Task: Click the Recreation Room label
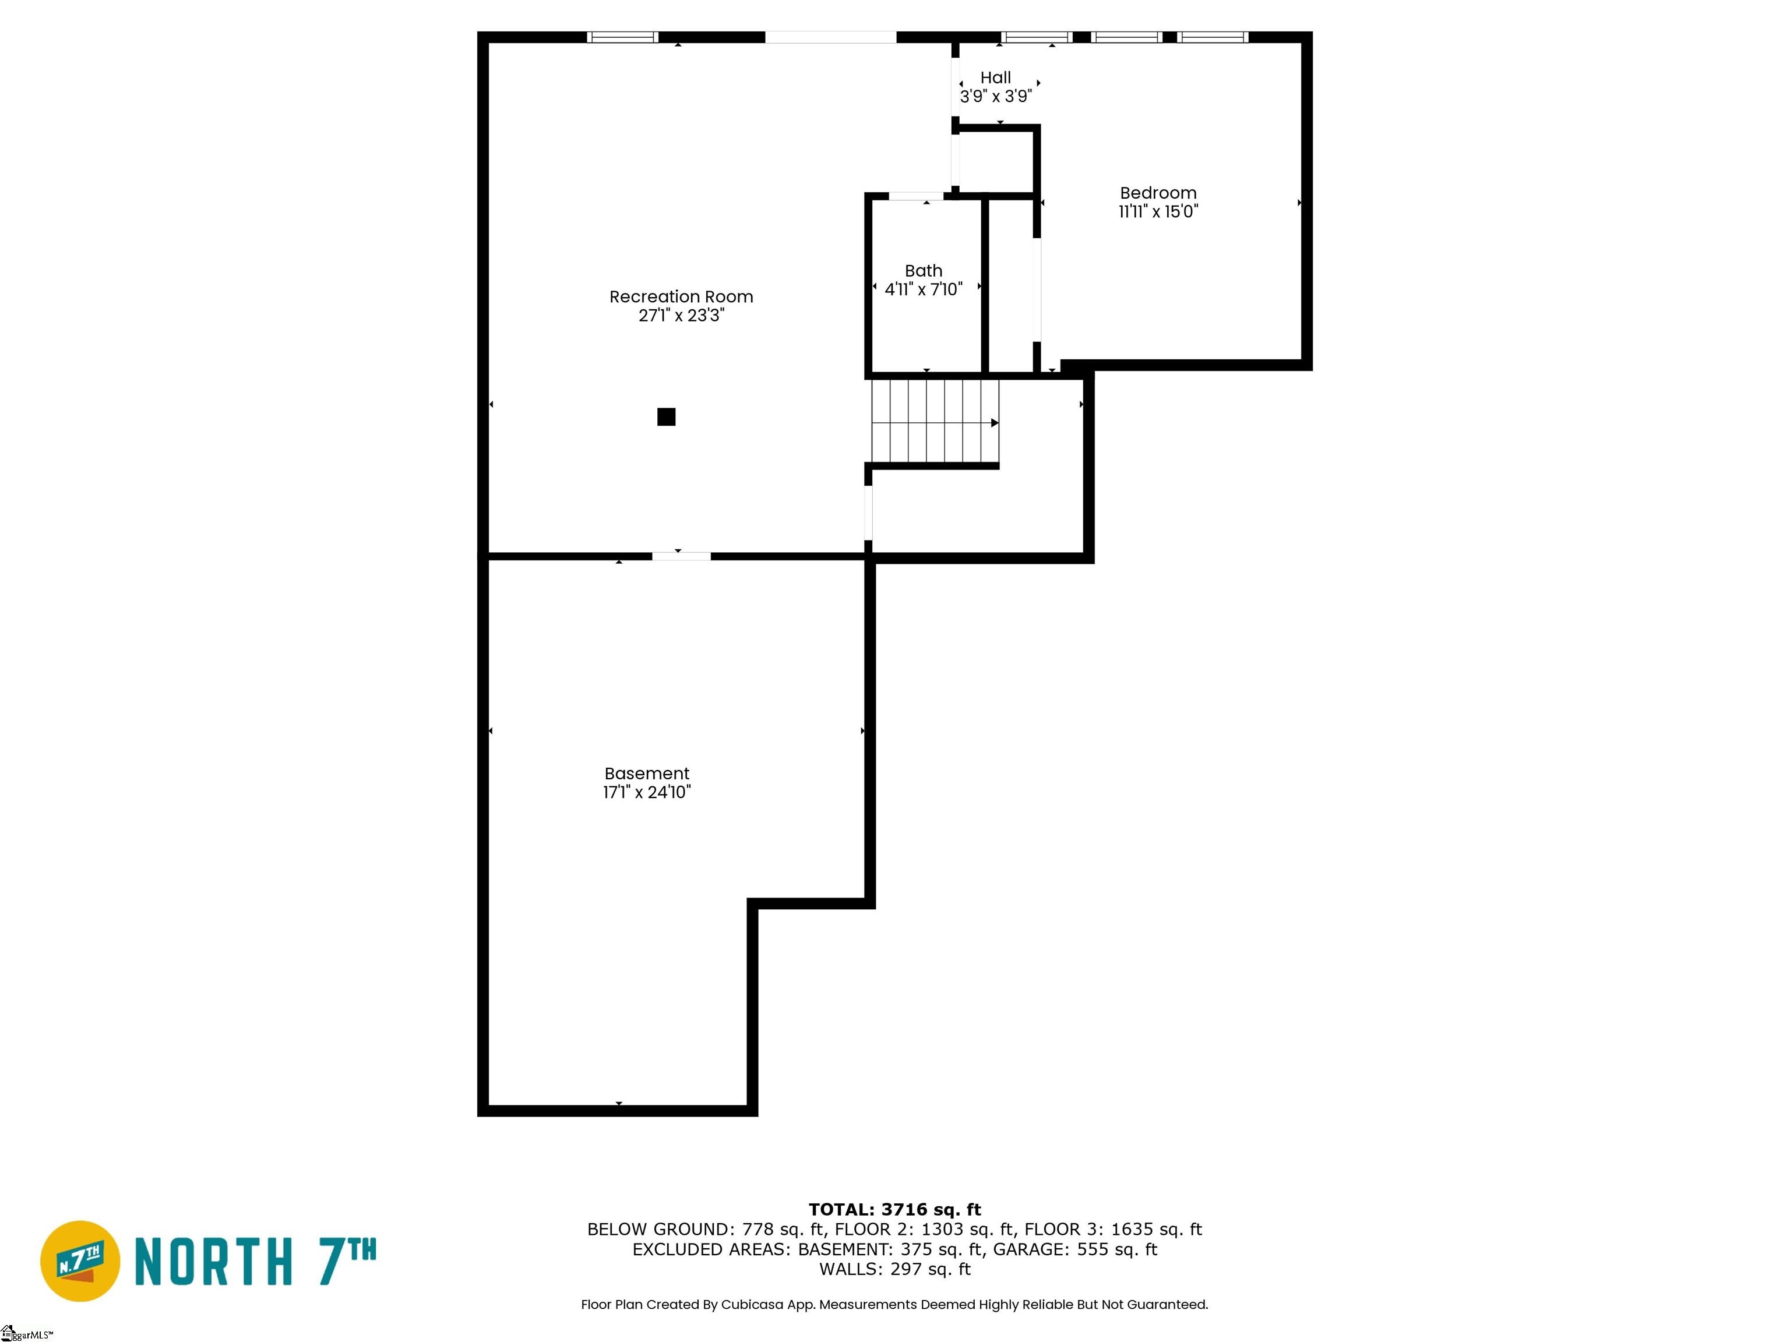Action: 681,297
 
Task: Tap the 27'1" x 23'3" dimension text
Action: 681,316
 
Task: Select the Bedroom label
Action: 1158,193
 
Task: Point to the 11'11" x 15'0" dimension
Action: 1158,212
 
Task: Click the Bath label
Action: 924,271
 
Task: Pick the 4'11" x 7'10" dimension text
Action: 924,289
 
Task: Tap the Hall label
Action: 995,77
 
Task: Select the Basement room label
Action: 647,774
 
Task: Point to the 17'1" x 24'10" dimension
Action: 647,792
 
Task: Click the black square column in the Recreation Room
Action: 666,416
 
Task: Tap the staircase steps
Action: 935,421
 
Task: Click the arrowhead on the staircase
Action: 995,422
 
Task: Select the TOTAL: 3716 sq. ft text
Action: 894,1209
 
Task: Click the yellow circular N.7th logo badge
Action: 80,1261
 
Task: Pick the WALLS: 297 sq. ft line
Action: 894,1269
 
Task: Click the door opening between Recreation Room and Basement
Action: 681,556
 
